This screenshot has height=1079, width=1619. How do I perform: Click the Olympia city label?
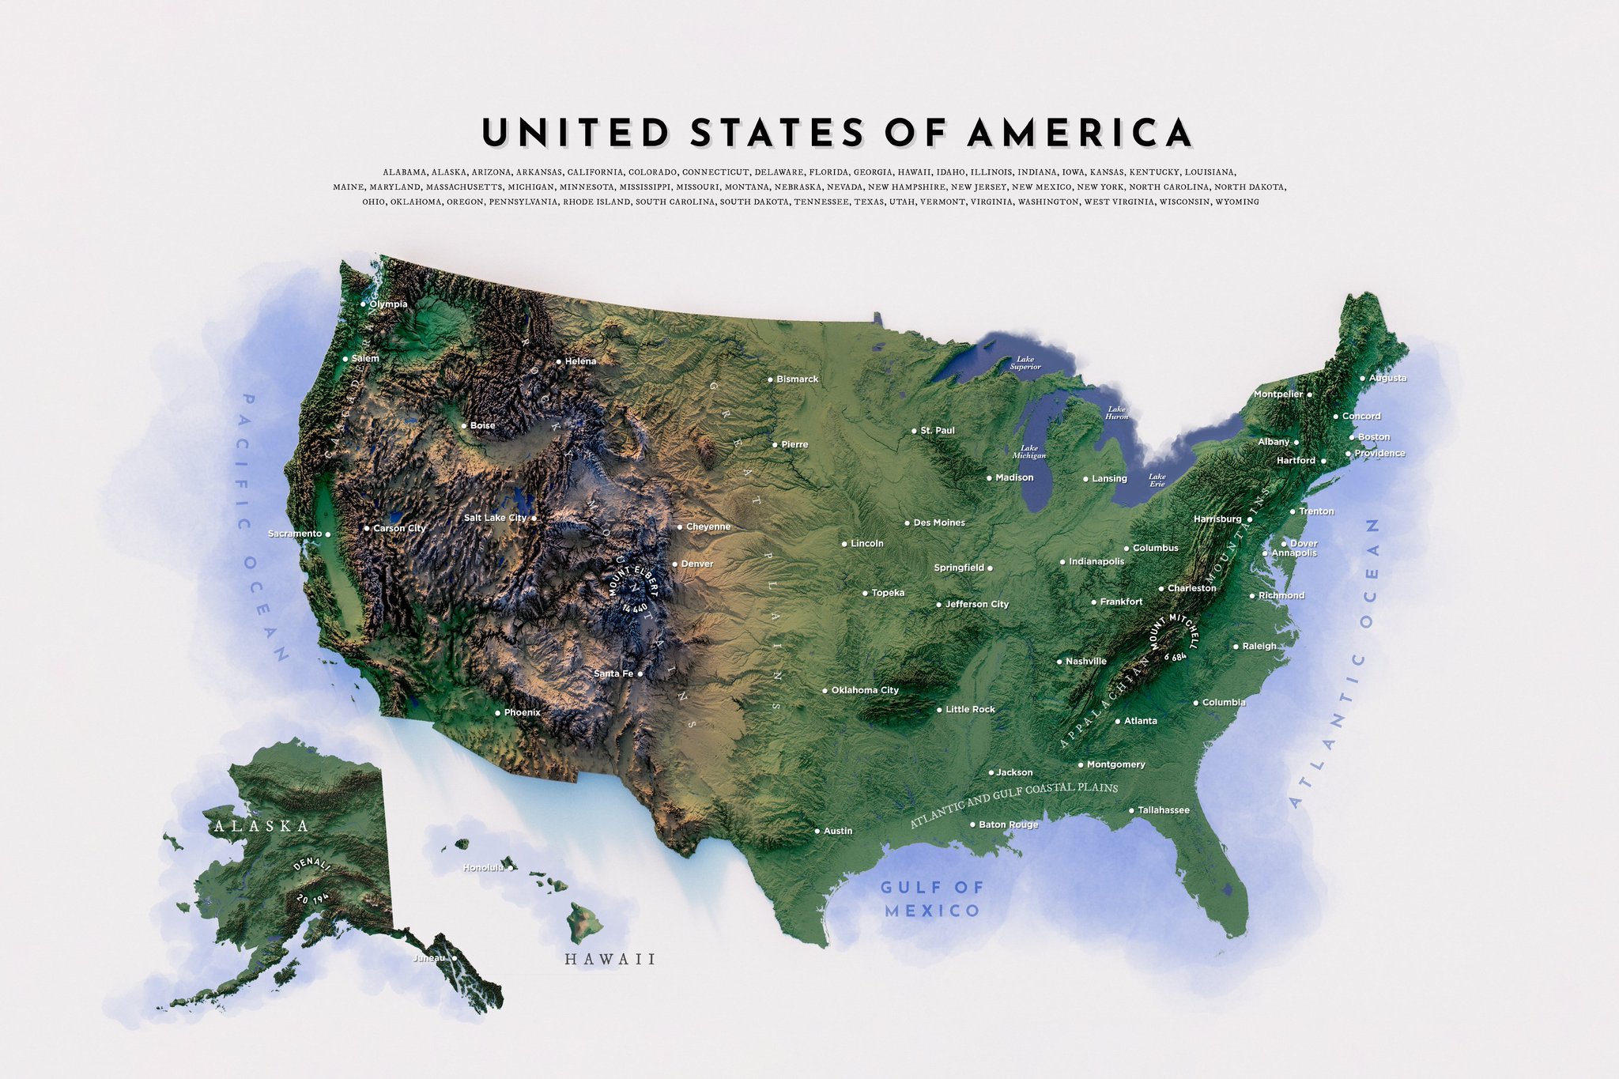pyautogui.click(x=388, y=304)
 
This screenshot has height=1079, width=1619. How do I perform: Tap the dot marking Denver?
pyautogui.click(x=674, y=564)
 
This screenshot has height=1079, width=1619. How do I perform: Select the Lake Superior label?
pyautogui.click(x=1025, y=363)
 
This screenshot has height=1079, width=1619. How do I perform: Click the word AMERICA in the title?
pyautogui.click(x=1080, y=132)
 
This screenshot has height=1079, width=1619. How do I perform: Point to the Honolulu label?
pyautogui.click(x=483, y=868)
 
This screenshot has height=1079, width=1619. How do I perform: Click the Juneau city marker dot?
pyautogui.click(x=454, y=958)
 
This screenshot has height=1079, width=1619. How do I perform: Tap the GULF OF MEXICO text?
pyautogui.click(x=932, y=899)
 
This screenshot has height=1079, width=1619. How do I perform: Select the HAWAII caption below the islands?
pyautogui.click(x=610, y=960)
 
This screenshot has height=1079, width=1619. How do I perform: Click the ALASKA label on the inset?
pyautogui.click(x=262, y=826)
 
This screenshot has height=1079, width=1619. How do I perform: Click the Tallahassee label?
pyautogui.click(x=1164, y=810)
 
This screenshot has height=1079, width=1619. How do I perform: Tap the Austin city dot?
pyautogui.click(x=817, y=832)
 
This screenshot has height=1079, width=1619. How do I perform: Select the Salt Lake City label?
pyautogui.click(x=495, y=519)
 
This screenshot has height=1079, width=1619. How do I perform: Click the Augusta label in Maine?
pyautogui.click(x=1387, y=379)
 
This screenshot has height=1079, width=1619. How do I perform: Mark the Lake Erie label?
pyautogui.click(x=1157, y=480)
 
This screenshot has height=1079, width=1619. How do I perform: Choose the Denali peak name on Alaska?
pyautogui.click(x=311, y=864)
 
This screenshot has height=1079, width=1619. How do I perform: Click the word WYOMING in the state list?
pyautogui.click(x=1236, y=202)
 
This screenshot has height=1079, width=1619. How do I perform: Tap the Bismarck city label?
pyautogui.click(x=797, y=379)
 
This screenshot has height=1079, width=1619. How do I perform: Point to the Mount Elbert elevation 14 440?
pyautogui.click(x=635, y=608)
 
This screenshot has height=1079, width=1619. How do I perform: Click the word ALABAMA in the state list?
pyautogui.click(x=404, y=172)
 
